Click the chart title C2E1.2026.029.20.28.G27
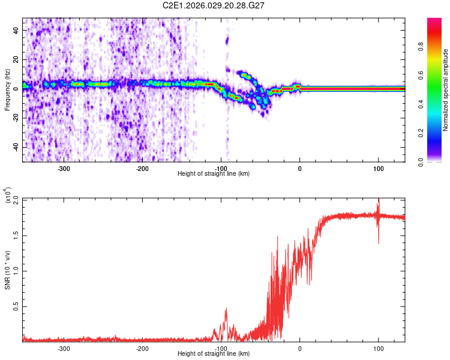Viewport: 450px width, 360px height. point(225,5)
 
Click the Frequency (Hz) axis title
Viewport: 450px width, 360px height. point(7,90)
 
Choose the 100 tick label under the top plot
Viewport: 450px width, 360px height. point(379,169)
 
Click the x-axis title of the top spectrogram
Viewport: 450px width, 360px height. point(214,174)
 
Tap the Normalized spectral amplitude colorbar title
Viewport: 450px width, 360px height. point(446,90)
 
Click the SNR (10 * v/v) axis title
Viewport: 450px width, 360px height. point(7,270)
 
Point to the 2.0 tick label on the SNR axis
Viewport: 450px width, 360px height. point(15,200)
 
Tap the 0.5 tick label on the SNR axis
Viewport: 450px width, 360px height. point(15,306)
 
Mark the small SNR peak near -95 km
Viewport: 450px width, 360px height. point(226,310)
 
